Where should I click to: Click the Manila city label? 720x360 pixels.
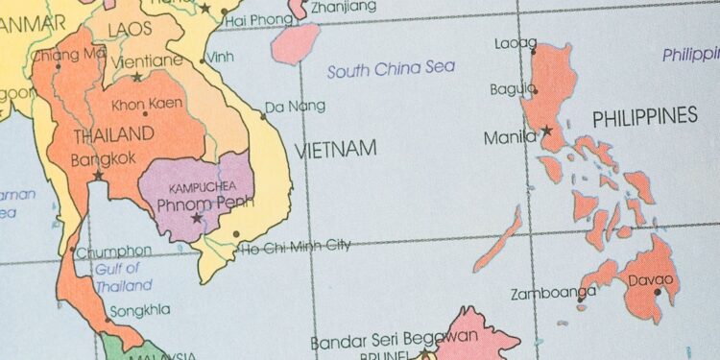[x=510, y=137]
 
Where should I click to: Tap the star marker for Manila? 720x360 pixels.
[x=546, y=131]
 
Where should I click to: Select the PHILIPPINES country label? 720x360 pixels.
[x=644, y=117]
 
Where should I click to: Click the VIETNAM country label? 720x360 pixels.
[x=335, y=149]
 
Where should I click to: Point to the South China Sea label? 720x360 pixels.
[x=391, y=69]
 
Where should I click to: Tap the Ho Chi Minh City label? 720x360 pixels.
[x=295, y=246]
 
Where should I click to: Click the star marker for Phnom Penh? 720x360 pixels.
[x=197, y=218]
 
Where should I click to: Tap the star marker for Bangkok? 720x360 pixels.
[x=97, y=176]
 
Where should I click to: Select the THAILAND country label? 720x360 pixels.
[x=113, y=134]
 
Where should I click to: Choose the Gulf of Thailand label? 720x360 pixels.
[x=123, y=277]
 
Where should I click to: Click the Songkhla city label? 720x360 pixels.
[x=140, y=310]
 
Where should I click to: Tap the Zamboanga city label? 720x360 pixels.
[x=547, y=293]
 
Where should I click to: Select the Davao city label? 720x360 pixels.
[x=651, y=280]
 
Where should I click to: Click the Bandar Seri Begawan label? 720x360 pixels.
[x=394, y=339]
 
